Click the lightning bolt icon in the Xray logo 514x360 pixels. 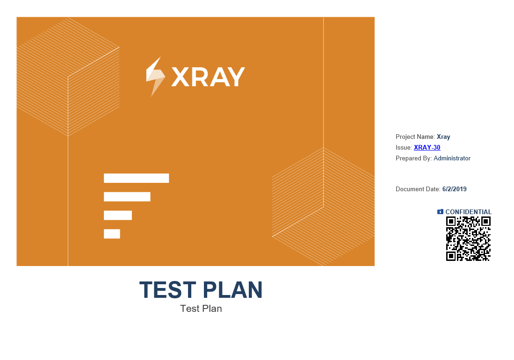155,77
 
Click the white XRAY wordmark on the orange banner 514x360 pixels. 208,77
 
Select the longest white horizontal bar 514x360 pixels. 137,178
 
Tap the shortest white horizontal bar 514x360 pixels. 112,234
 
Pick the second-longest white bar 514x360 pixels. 127,197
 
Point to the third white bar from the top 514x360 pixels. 118,215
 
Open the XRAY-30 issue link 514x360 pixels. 427,147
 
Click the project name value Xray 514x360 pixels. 443,137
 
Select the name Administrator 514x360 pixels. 452,158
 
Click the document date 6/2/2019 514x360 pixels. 454,189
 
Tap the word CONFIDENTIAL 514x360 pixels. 469,212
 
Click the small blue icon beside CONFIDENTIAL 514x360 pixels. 440,212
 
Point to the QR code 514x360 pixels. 469,239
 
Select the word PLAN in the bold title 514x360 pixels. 232,290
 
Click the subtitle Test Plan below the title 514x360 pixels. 201,309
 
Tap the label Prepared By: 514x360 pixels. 414,158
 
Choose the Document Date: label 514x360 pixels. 418,189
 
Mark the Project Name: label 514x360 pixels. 415,137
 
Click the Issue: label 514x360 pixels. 404,147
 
